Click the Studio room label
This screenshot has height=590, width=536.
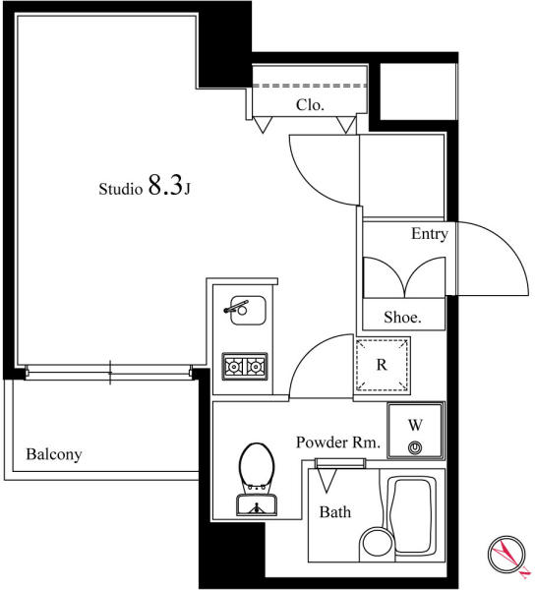tap(120, 189)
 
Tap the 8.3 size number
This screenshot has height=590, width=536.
tap(165, 185)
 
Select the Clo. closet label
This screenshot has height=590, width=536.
tap(310, 105)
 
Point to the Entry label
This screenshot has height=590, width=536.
tap(430, 234)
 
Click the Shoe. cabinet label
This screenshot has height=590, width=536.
tap(402, 318)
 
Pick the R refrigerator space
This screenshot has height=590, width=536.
tap(382, 365)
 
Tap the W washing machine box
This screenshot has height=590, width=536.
tap(416, 431)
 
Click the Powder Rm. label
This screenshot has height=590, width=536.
tap(338, 442)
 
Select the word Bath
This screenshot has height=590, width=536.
tap(335, 512)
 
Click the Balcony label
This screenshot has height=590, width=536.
tap(54, 454)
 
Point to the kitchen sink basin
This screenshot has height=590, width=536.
tap(248, 311)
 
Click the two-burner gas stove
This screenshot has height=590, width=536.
tap(245, 366)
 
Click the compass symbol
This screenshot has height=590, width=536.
tap(506, 555)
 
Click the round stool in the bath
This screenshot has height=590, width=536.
tap(378, 544)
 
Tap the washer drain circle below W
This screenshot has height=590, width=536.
tap(415, 447)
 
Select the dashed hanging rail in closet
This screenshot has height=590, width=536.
tap(310, 86)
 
